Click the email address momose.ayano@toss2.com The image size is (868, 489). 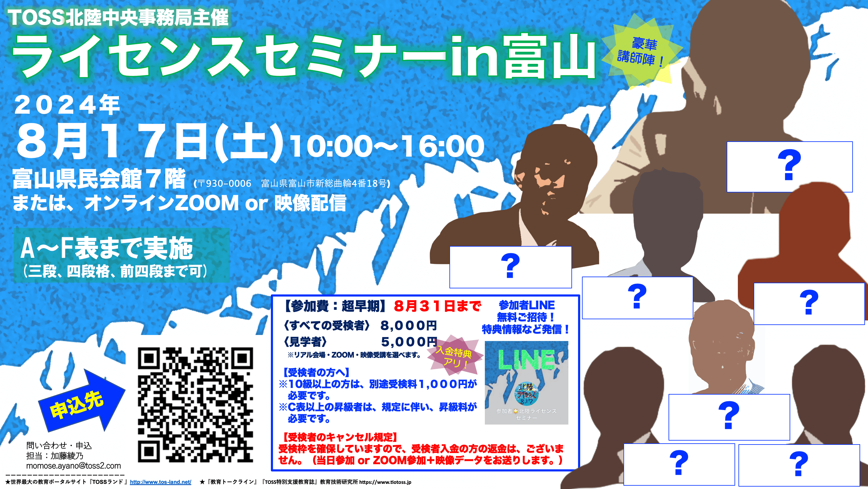(x=74, y=466)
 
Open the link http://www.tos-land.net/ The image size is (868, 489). (x=160, y=482)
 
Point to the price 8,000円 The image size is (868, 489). (x=408, y=326)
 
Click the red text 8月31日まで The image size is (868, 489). (x=437, y=306)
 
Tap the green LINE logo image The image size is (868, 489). (x=526, y=383)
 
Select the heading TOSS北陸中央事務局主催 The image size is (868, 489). (x=118, y=18)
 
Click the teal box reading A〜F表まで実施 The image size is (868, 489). (x=122, y=255)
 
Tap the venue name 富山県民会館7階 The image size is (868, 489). (x=99, y=179)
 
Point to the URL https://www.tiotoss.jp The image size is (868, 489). (x=385, y=482)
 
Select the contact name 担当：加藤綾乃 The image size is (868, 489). (x=54, y=456)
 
